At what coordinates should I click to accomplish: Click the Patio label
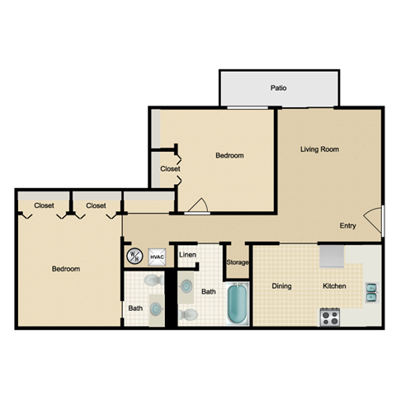(x=279, y=87)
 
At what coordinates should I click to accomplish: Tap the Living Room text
(x=319, y=149)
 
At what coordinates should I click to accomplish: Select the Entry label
(x=348, y=226)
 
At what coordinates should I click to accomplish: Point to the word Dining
(x=282, y=286)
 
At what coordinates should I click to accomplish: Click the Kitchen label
(x=334, y=286)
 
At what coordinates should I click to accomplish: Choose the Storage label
(x=238, y=262)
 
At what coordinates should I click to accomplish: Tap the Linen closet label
(x=187, y=255)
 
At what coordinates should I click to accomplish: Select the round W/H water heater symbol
(x=134, y=257)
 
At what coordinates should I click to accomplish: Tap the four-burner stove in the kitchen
(x=331, y=317)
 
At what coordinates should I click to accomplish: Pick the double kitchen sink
(x=372, y=291)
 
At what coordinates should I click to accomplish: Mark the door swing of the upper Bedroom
(x=196, y=207)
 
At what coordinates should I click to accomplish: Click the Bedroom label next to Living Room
(x=229, y=155)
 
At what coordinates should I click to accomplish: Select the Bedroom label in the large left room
(x=66, y=270)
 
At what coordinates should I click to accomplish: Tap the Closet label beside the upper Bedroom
(x=170, y=169)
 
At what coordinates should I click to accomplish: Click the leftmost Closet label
(x=45, y=205)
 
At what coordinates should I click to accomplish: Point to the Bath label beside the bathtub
(x=210, y=291)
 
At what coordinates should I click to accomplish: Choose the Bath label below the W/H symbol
(x=135, y=309)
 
